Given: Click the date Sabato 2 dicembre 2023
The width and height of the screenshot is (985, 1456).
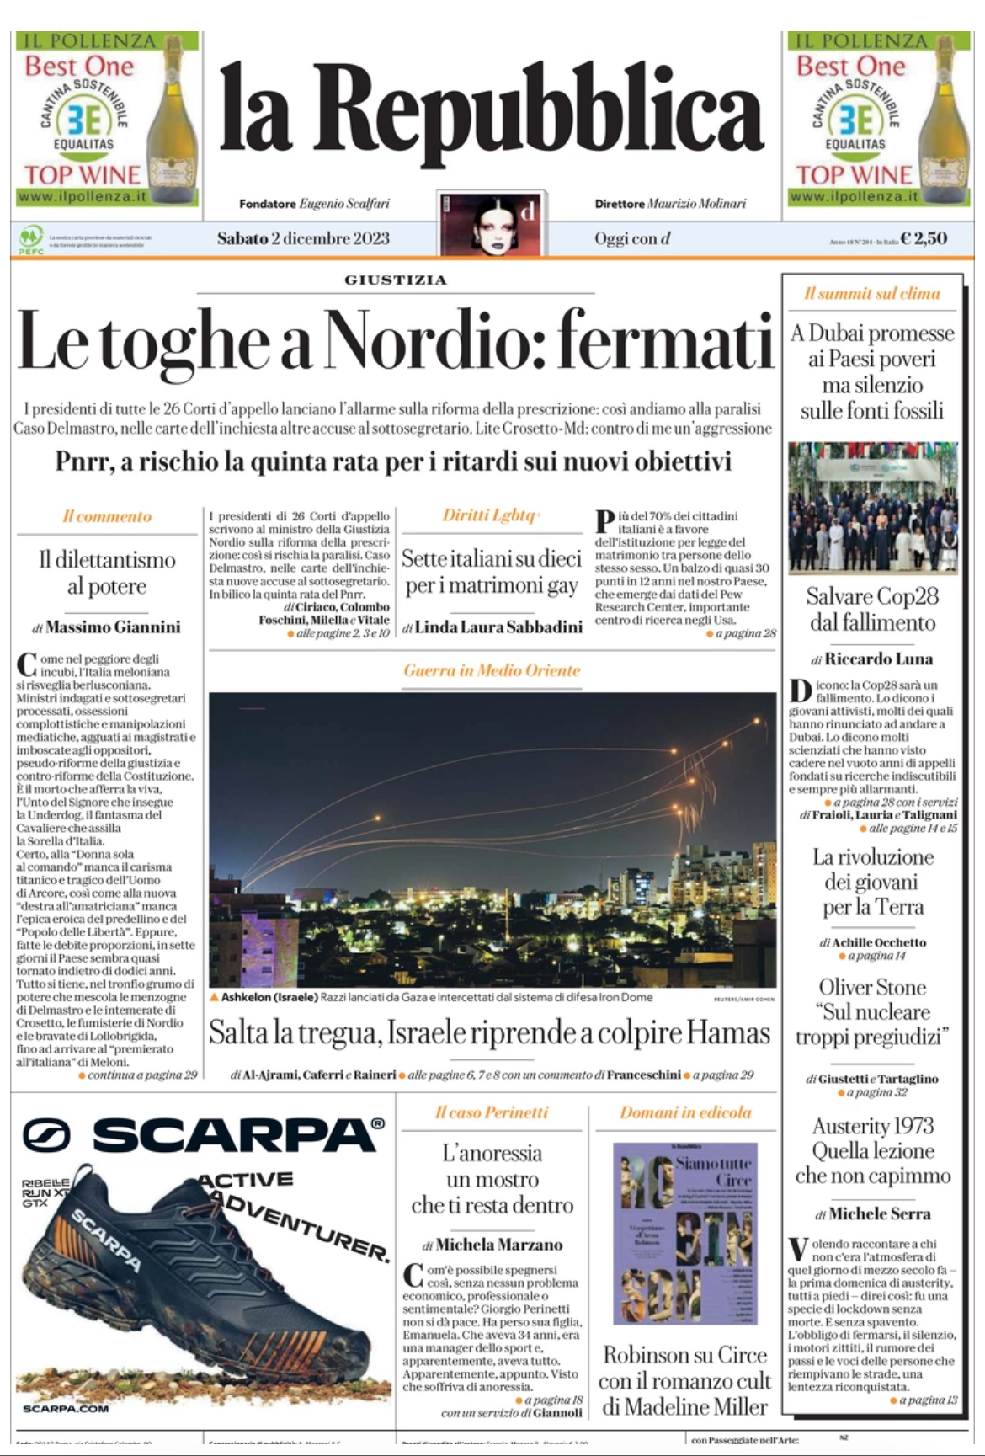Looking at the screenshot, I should click(303, 238).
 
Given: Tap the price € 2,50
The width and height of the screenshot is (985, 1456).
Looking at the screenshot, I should click(924, 238).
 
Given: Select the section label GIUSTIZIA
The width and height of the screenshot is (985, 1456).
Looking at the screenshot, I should click(396, 280).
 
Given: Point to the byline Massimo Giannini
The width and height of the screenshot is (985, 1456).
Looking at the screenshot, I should click(113, 627).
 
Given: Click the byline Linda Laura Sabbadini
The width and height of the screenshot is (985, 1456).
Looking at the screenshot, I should click(498, 627).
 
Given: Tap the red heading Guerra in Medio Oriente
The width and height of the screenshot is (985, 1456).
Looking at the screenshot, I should click(492, 670).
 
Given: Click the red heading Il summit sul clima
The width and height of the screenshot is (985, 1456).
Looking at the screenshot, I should click(871, 293).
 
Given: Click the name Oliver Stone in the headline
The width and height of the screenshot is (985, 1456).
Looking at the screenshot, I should click(872, 987).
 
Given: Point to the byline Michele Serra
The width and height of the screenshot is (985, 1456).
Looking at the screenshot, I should click(879, 1213).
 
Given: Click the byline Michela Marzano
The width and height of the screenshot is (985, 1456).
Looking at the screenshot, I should click(499, 1245).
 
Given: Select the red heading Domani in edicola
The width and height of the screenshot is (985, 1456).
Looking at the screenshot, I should click(685, 1112).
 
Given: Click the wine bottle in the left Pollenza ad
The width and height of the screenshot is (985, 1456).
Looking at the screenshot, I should click(172, 118).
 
